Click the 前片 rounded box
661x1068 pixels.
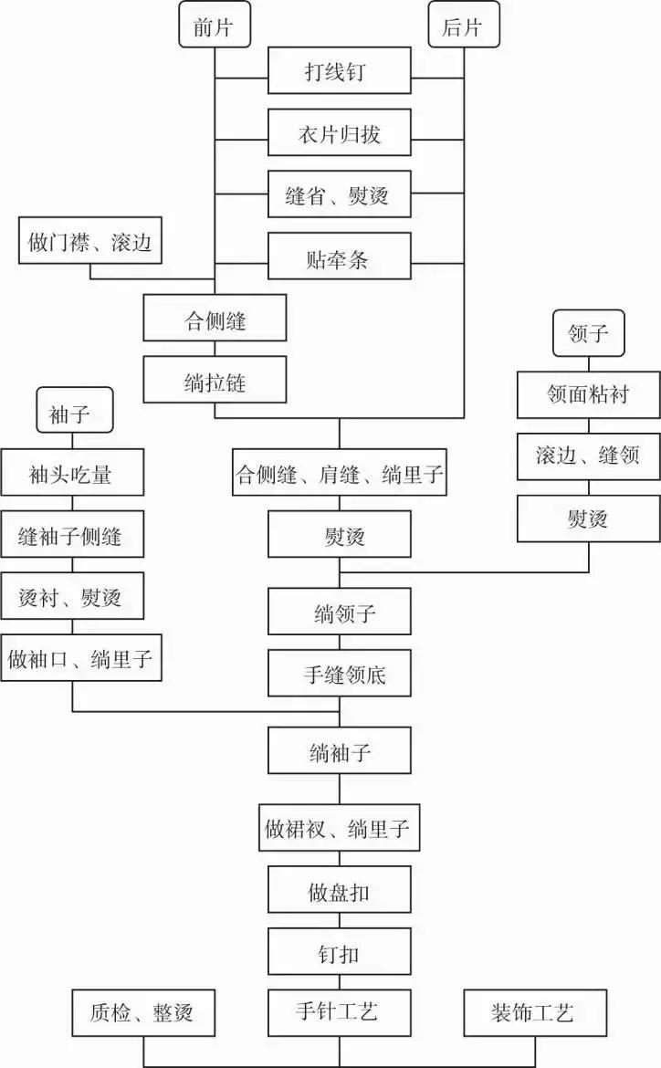coord(214,27)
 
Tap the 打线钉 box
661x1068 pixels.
coord(340,71)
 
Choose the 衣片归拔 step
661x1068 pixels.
coord(340,133)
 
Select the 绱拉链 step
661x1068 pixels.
coord(215,382)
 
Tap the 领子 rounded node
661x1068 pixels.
coord(589,332)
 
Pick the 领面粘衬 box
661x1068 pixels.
coord(589,394)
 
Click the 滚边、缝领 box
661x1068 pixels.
coord(589,455)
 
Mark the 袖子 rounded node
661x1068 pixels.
coord(74,413)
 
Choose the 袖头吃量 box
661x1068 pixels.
coord(72,475)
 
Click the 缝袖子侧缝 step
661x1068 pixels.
coord(72,536)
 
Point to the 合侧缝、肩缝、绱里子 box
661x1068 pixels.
coord(340,474)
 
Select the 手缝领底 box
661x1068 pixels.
coord(340,675)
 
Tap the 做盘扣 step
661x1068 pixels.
coord(340,891)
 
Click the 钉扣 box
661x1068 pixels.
coord(340,952)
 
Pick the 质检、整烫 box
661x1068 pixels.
coord(143,1013)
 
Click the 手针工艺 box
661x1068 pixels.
coord(340,1011)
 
